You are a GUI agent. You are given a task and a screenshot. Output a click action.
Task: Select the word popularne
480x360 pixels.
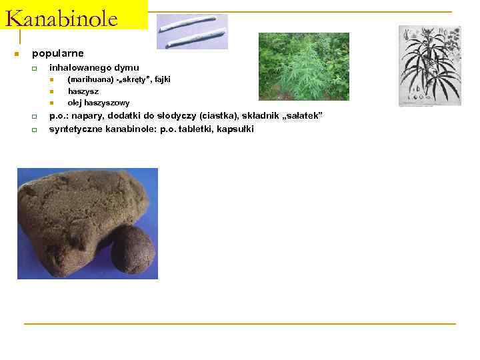click(x=58, y=53)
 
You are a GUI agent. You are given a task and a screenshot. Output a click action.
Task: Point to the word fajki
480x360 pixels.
click(x=162, y=79)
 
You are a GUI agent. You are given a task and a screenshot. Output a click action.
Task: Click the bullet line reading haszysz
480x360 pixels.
click(x=83, y=91)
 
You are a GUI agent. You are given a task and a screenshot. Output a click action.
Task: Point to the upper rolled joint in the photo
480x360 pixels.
click(x=191, y=23)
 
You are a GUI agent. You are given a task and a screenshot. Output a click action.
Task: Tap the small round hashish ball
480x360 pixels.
click(x=132, y=249)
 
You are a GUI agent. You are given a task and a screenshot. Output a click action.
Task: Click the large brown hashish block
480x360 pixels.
click(x=73, y=213)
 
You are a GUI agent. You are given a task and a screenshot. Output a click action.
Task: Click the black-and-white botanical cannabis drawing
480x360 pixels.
click(x=429, y=65)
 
